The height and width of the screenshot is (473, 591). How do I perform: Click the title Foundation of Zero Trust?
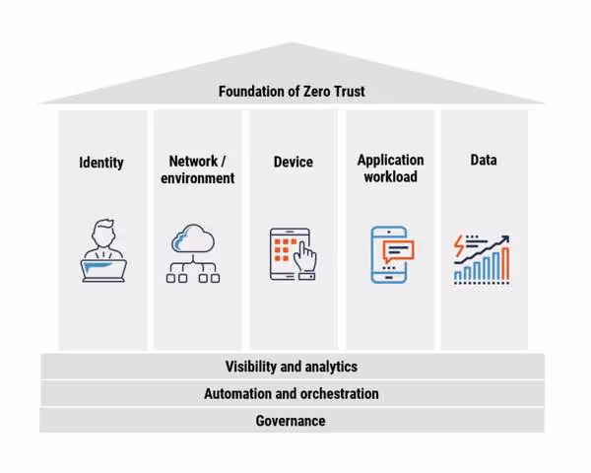292,92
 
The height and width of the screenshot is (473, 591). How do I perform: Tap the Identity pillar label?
101,162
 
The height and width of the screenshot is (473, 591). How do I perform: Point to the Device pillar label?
293,162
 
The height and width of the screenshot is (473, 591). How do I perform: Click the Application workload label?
390,169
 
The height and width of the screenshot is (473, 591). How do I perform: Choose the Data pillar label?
484,160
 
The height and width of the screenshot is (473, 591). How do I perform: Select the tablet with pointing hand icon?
294,255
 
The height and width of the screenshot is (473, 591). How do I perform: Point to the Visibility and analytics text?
292,367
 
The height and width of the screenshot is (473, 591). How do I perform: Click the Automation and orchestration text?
292,393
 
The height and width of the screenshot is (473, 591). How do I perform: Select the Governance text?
291,420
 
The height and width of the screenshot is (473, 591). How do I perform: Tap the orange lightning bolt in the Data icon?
459,243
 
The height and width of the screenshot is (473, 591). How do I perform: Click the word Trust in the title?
348,92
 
